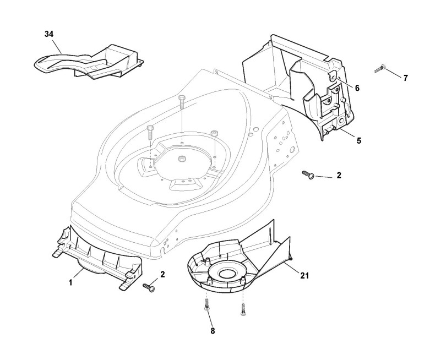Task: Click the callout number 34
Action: coord(49,34)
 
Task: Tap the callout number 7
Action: coord(406,78)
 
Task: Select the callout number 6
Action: coord(357,88)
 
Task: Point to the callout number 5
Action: coord(359,140)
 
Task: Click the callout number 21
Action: coord(304,276)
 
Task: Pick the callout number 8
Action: coord(213,331)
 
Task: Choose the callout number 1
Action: coord(70,282)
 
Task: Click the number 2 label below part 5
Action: coord(339,175)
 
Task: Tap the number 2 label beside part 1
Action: coord(162,274)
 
